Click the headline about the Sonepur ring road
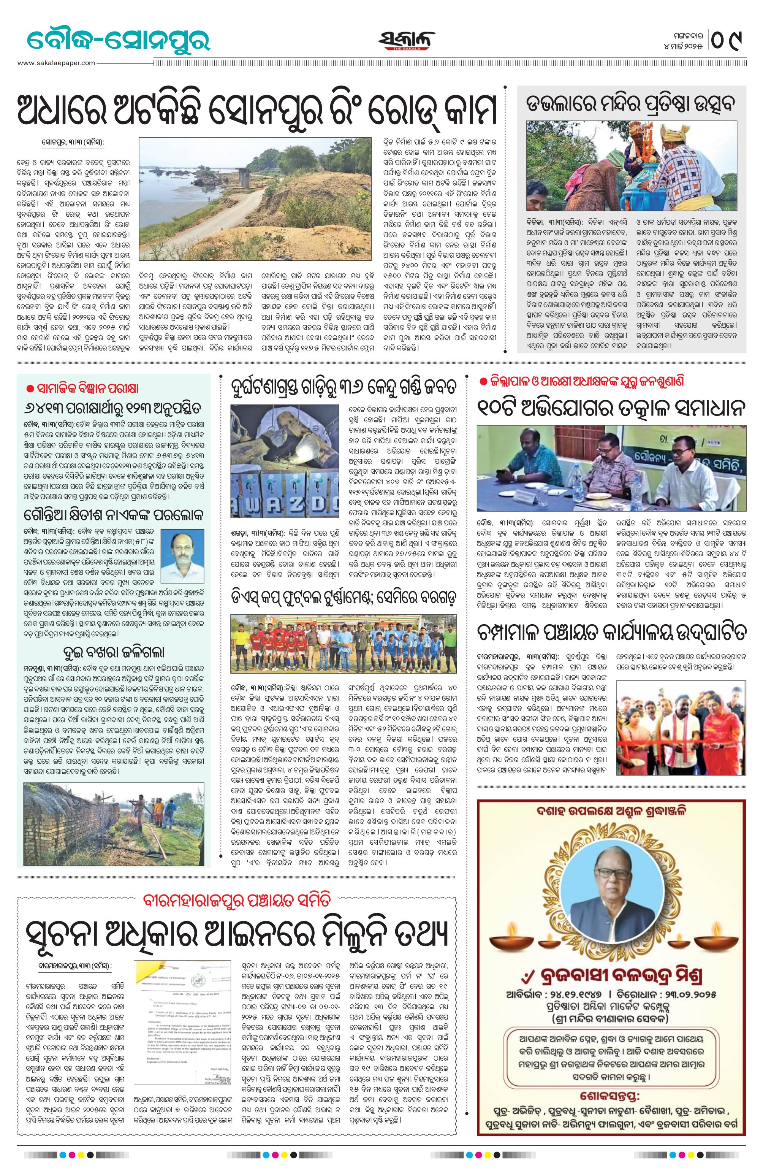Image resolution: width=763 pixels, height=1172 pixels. point(256,109)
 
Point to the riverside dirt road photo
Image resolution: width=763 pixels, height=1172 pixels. point(255,192)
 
